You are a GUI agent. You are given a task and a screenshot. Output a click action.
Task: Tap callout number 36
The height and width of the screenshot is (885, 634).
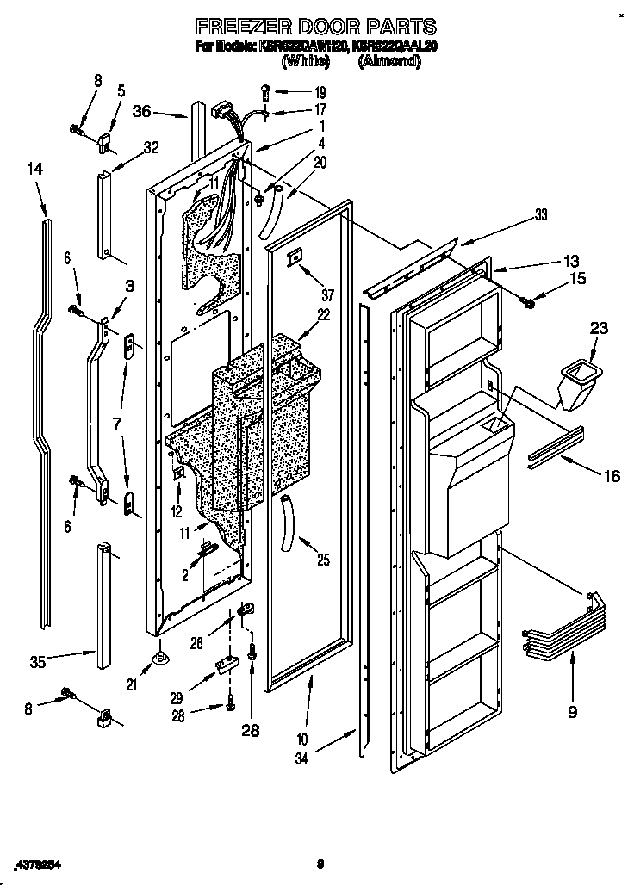pyautogui.click(x=143, y=110)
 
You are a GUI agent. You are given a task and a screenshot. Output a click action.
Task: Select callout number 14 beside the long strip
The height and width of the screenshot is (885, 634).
pyautogui.click(x=34, y=170)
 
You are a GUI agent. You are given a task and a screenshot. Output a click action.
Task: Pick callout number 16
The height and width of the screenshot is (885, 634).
pyautogui.click(x=610, y=475)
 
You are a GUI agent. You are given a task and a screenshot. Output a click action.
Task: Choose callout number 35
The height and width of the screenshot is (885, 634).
pyautogui.click(x=38, y=662)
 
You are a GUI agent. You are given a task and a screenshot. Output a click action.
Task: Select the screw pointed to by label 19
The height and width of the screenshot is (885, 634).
pyautogui.click(x=265, y=90)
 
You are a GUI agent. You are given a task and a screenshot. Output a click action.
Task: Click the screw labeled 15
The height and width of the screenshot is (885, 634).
pyautogui.click(x=527, y=300)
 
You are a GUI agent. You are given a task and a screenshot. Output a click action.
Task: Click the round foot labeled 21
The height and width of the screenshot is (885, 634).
pyautogui.click(x=159, y=659)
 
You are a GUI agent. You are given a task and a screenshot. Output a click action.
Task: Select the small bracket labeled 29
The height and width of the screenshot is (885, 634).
pyautogui.click(x=227, y=664)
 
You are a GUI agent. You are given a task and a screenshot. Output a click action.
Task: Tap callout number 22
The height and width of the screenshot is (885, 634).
pyautogui.click(x=323, y=315)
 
